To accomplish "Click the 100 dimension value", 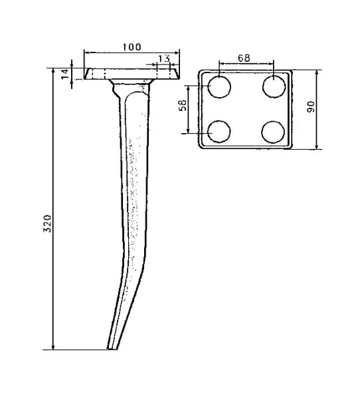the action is pyautogui.click(x=132, y=47).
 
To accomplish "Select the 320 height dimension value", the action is pyautogui.click(x=48, y=223).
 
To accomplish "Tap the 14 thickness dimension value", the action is pyautogui.click(x=65, y=74).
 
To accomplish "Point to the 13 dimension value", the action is pyautogui.click(x=164, y=59).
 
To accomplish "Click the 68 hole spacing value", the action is pyautogui.click(x=244, y=58).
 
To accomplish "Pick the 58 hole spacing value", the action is pyautogui.click(x=183, y=105).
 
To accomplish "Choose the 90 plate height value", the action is pyautogui.click(x=311, y=106).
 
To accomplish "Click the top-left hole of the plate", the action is pyautogui.click(x=219, y=86).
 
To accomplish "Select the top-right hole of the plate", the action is pyautogui.click(x=274, y=86).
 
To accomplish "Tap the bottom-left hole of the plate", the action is pyautogui.click(x=219, y=132).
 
